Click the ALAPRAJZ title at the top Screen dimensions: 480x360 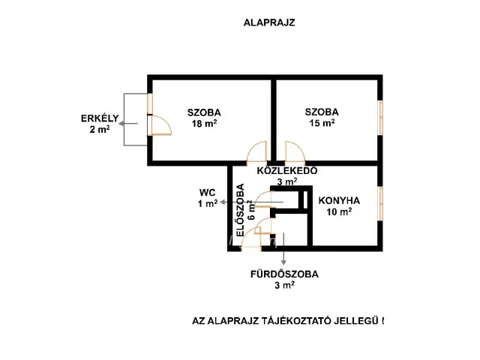tap(269, 22)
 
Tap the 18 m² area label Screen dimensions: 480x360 tap(205, 123)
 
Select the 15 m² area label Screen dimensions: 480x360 tap(322, 123)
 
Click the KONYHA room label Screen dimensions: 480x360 tap(339, 201)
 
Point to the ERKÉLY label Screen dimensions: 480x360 tap(100, 118)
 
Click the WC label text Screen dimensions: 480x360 tap(207, 193)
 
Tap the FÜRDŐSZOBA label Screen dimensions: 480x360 tap(284, 274)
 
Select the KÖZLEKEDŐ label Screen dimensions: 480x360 tap(287, 170)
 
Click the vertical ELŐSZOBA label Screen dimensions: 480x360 tap(241, 210)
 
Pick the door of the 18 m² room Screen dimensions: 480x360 tap(256, 151)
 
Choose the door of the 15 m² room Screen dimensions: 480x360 tap(295, 151)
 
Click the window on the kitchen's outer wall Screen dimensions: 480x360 tap(380, 203)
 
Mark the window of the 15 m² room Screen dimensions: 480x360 tap(380, 118)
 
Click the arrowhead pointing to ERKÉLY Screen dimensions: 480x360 tap(121, 124)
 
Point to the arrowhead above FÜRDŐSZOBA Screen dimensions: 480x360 tap(283, 262)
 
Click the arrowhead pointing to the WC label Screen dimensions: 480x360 tap(223, 202)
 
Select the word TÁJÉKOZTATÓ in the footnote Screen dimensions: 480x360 tap(297, 321)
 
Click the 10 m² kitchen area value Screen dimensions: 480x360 tap(339, 211)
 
